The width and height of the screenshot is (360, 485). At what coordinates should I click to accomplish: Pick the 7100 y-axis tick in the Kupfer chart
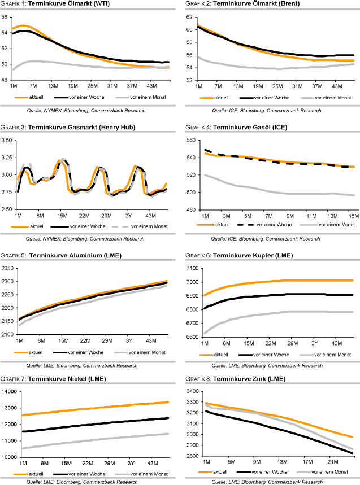point(189,268)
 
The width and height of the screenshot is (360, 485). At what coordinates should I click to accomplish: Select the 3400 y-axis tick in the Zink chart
point(189,391)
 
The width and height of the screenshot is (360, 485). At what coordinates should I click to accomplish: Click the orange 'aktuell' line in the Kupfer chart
point(283,281)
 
